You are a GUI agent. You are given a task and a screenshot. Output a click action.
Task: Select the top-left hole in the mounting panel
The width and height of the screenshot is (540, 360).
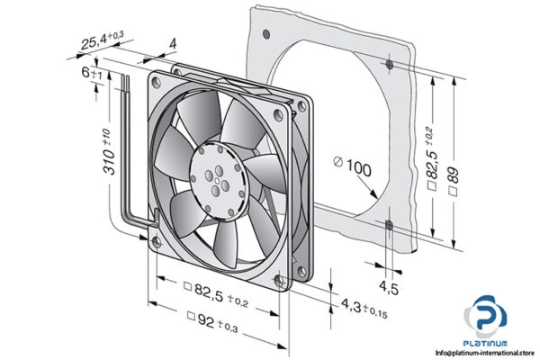pos(266,33)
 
